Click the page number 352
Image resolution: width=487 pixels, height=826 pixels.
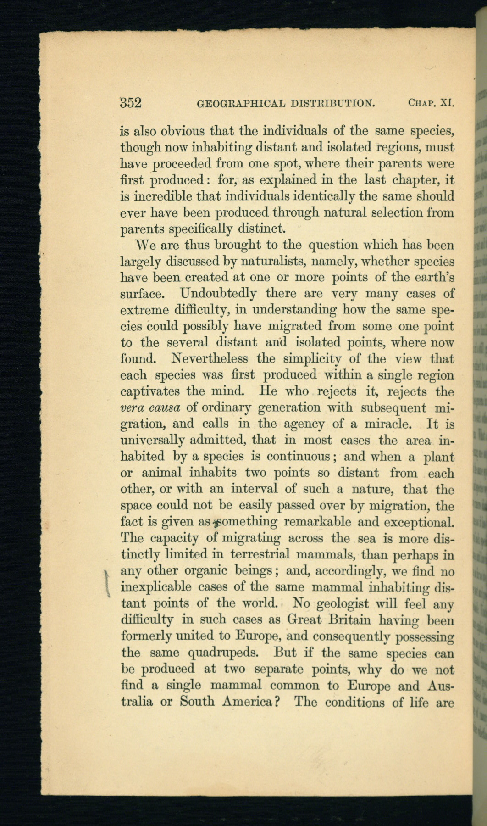131,102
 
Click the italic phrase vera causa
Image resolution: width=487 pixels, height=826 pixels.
150,407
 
